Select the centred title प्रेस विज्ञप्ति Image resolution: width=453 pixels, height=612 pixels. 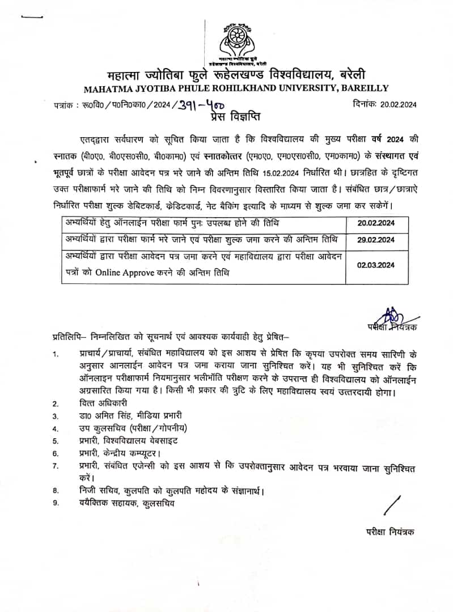[226, 117]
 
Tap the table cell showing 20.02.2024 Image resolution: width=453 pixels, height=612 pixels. [376, 223]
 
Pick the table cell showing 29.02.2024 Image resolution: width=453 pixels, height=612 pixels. [376, 240]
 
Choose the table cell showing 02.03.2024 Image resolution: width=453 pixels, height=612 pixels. [376, 265]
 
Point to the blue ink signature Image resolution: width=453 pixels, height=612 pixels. [390, 315]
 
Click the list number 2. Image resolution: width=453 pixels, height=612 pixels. [56, 403]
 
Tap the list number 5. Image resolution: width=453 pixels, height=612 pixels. [56, 440]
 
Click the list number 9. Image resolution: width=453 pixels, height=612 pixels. [56, 502]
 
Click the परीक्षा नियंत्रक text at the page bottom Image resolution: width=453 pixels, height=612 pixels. [390, 532]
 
